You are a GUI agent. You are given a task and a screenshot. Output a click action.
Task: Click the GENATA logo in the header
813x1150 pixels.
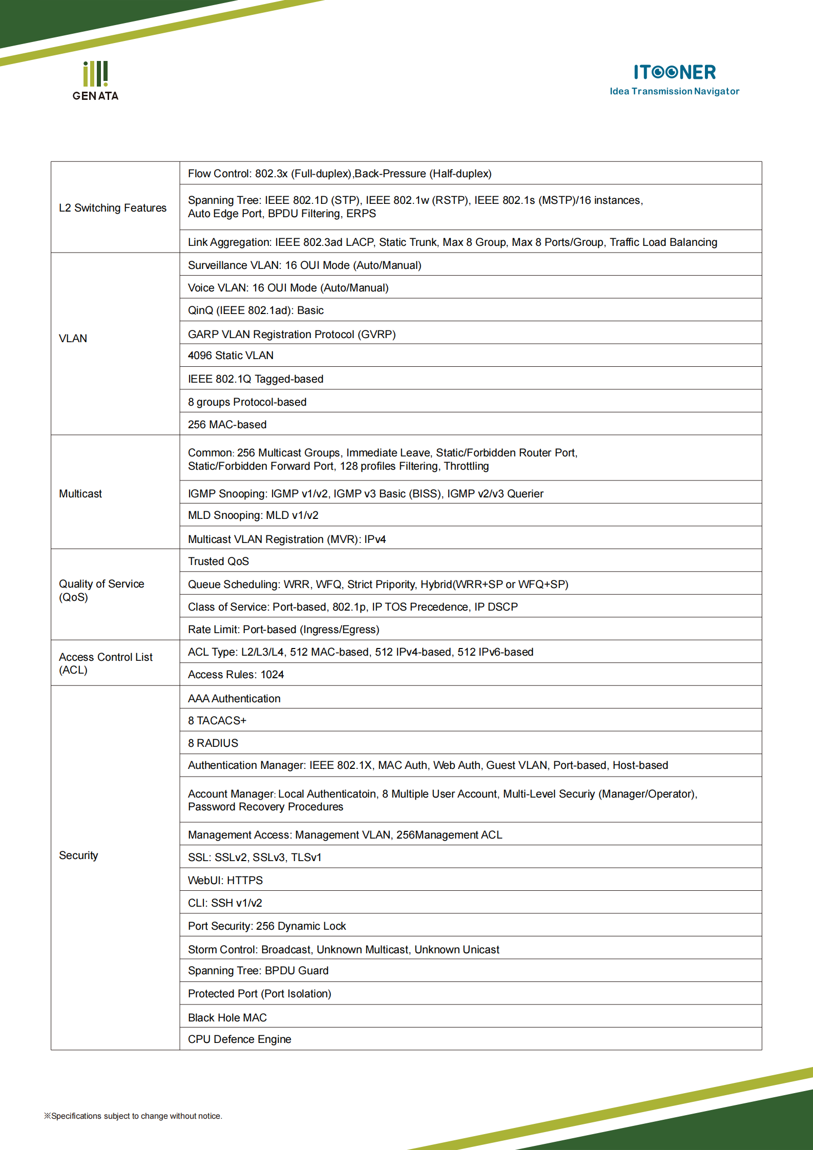(x=95, y=81)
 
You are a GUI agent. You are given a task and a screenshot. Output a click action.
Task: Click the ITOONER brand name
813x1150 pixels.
(x=674, y=72)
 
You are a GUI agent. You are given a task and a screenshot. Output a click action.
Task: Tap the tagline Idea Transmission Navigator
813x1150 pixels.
(x=674, y=92)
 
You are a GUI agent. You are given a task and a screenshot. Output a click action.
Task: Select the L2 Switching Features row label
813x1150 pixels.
(x=113, y=208)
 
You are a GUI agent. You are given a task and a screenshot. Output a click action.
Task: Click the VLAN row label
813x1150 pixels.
(x=73, y=339)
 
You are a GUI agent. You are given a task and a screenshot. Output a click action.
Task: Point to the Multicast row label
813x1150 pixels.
(x=80, y=494)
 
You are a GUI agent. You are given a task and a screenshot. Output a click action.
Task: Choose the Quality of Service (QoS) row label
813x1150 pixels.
(x=101, y=591)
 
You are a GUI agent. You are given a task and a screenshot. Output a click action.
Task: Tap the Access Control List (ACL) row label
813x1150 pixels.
(x=106, y=663)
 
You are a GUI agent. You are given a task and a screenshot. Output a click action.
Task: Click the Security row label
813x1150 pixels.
(x=78, y=855)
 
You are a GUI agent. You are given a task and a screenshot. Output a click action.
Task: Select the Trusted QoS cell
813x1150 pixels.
(x=219, y=561)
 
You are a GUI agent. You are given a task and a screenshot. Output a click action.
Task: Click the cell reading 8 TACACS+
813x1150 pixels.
(x=217, y=721)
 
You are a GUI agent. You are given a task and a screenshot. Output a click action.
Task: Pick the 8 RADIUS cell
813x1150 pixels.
(x=213, y=743)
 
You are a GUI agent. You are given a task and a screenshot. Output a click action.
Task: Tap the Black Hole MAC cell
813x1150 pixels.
(x=227, y=1018)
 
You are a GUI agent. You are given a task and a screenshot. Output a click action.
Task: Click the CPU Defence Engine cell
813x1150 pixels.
(x=239, y=1039)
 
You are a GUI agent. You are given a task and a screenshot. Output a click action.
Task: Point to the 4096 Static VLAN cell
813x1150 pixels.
(x=231, y=356)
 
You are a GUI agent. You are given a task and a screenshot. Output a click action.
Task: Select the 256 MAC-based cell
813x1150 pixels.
(x=227, y=425)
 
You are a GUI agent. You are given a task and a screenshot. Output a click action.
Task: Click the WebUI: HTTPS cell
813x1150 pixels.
(x=225, y=881)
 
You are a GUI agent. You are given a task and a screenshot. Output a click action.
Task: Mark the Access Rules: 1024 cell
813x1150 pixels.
(x=236, y=675)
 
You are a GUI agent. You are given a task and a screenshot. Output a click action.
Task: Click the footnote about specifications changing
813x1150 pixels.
(x=133, y=1116)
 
